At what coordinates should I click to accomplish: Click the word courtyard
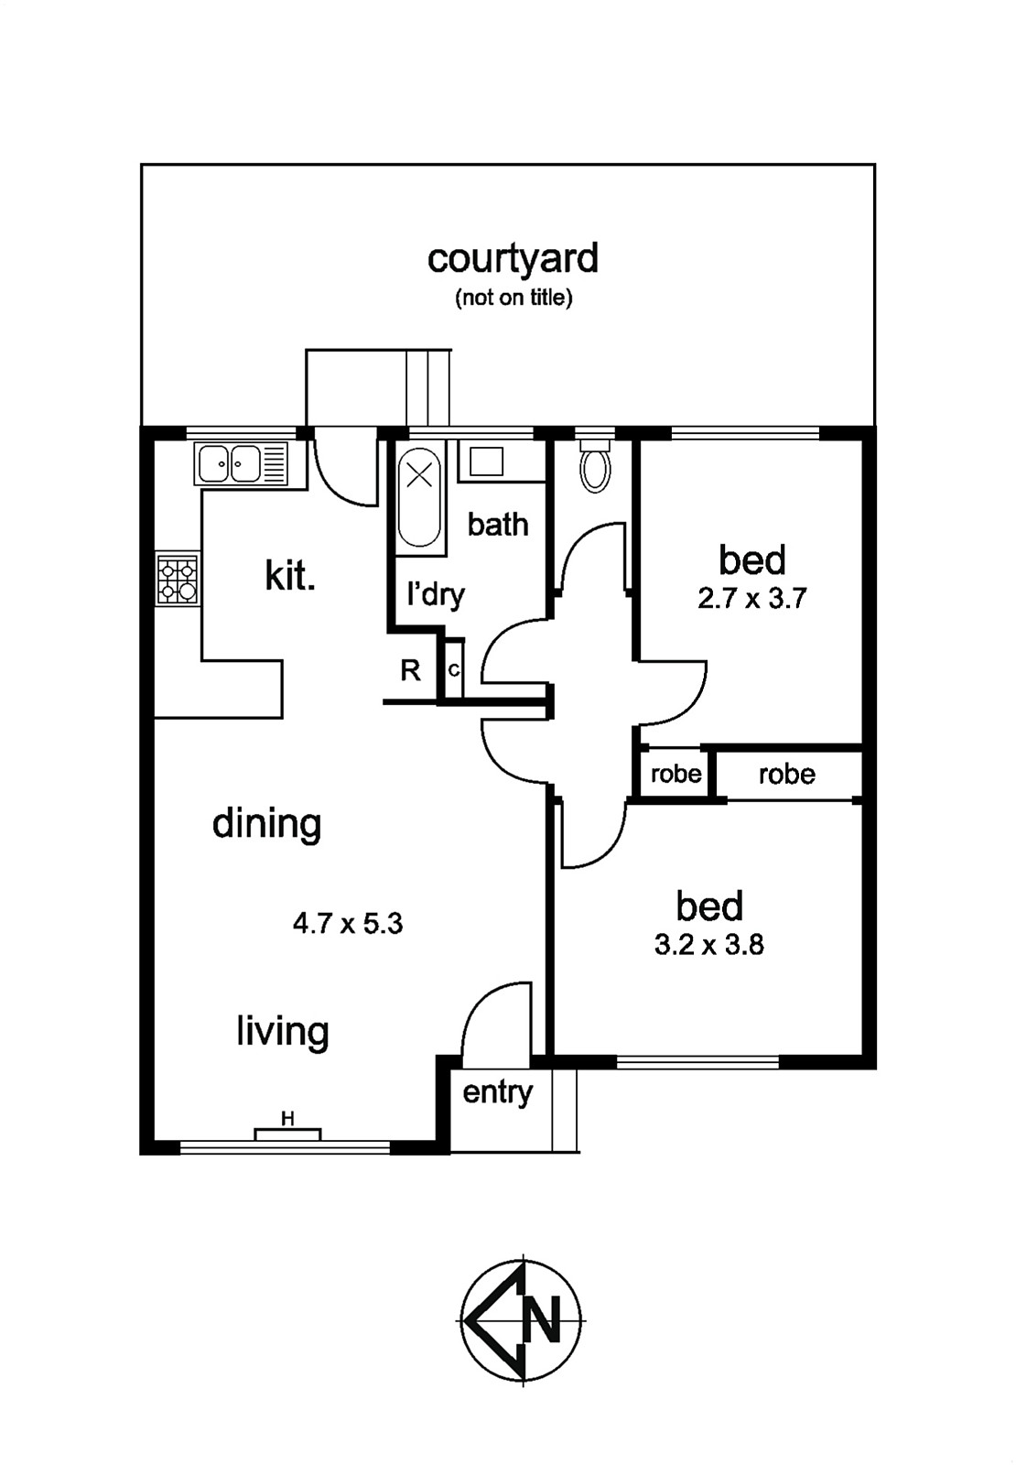coord(513,258)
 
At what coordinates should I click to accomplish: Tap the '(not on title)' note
coord(513,298)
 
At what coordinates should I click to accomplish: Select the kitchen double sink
coord(241,463)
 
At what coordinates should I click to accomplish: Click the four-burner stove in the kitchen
coord(178,580)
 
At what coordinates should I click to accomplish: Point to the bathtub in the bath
coord(419,497)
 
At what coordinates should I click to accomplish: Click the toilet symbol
coord(596,464)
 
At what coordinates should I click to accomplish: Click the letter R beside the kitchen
coord(411,670)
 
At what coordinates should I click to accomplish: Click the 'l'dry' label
coord(436,595)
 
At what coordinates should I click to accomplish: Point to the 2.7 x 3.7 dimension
coord(751,599)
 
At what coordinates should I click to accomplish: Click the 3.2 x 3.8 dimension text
coord(709,945)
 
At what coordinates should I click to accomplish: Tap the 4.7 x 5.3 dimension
coord(348,924)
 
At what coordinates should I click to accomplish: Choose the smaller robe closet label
coord(676,774)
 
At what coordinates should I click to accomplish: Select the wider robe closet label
coord(787,775)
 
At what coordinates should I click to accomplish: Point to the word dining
coord(266,823)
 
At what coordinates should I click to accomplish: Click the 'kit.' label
coord(289,576)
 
